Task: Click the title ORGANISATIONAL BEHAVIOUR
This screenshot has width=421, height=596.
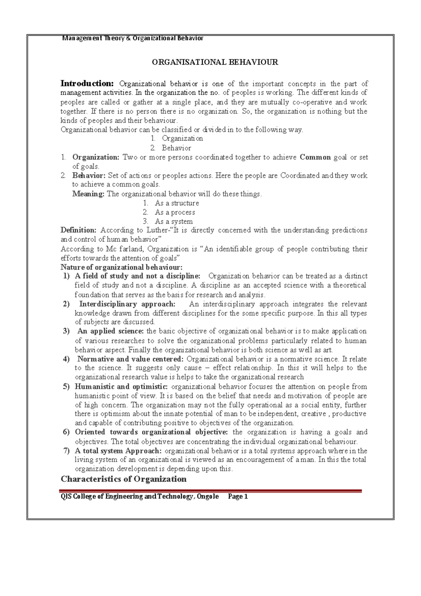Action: (x=215, y=62)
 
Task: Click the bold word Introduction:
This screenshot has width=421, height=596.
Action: (x=87, y=84)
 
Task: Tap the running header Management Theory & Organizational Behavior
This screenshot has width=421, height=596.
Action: (x=133, y=38)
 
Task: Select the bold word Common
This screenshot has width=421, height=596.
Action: (x=315, y=157)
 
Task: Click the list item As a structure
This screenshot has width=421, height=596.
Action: (x=176, y=203)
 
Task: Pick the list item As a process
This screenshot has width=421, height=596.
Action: (x=175, y=212)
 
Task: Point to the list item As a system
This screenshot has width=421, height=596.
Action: (x=174, y=221)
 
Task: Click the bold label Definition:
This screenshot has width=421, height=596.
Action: (x=78, y=230)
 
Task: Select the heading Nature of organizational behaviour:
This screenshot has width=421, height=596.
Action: (x=121, y=267)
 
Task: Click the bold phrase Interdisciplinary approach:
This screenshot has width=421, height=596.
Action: (x=127, y=304)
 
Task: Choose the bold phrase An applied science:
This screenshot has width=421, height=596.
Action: (x=111, y=331)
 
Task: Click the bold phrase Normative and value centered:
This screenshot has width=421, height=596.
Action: (x=130, y=359)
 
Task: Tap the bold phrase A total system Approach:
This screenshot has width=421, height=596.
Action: (x=118, y=451)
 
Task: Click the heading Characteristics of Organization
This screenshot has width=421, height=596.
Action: (x=123, y=479)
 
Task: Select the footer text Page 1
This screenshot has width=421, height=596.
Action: (x=238, y=496)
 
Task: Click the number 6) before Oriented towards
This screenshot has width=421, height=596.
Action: (x=66, y=432)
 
